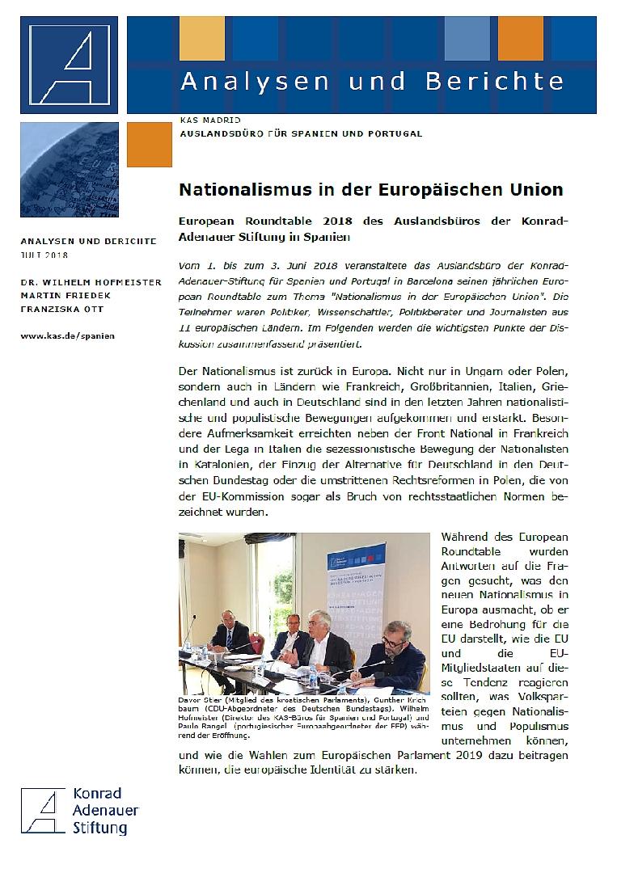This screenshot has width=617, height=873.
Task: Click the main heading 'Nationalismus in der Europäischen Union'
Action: point(370,191)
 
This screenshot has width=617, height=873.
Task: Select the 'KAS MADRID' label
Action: point(205,120)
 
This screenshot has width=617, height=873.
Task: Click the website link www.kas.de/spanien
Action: point(67,335)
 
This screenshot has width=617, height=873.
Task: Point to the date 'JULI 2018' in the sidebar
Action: point(44,255)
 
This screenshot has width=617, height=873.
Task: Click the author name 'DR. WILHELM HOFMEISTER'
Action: point(91,282)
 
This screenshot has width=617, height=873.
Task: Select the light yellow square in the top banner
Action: point(201,38)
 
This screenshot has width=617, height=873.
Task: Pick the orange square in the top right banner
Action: point(526,38)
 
